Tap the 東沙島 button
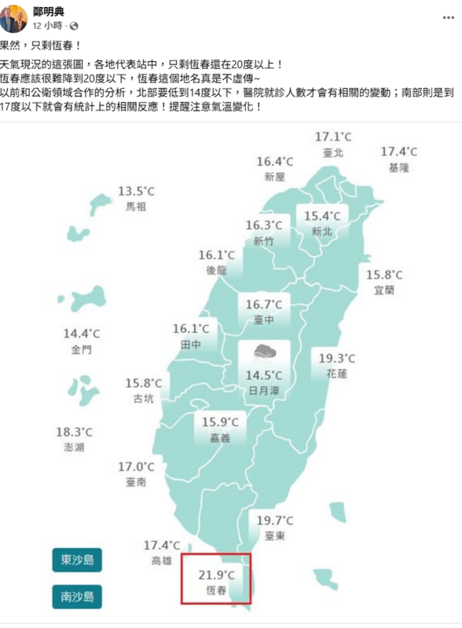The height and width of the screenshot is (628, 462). coord(77,560)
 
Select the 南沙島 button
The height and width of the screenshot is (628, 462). coord(77,597)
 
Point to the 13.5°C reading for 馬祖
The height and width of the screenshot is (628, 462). coord(137,192)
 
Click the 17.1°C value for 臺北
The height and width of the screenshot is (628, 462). coord(333,137)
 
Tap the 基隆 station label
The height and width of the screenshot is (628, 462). coord(399,167)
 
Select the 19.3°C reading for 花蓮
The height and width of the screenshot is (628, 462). coord(337,359)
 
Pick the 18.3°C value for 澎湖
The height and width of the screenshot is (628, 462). coord(74,432)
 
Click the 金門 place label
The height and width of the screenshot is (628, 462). coord(82,349)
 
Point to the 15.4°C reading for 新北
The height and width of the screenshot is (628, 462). coord(322,216)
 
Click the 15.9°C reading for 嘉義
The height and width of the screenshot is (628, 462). coord(220,422)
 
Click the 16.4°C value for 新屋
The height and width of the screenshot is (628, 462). coord(275,162)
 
